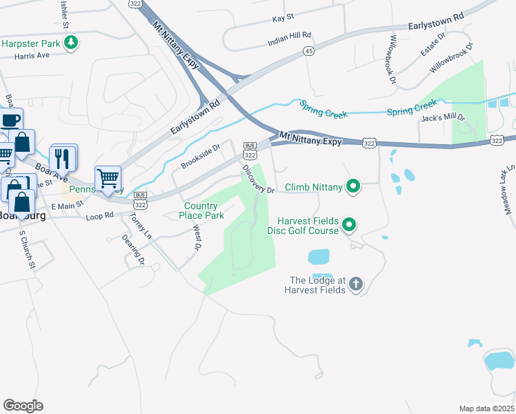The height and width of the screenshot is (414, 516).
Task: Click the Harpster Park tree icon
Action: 70,43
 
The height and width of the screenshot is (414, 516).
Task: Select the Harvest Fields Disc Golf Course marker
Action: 349,225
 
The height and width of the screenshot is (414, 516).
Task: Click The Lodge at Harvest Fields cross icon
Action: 355,284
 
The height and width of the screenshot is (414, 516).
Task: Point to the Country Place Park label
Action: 204,210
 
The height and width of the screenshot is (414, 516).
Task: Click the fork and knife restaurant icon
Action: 62,157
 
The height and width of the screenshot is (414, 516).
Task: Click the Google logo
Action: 23,406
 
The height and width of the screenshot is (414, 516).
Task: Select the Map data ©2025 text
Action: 486,408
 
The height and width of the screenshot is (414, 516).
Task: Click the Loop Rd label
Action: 100,216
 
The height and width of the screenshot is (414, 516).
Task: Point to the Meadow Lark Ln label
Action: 510,190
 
